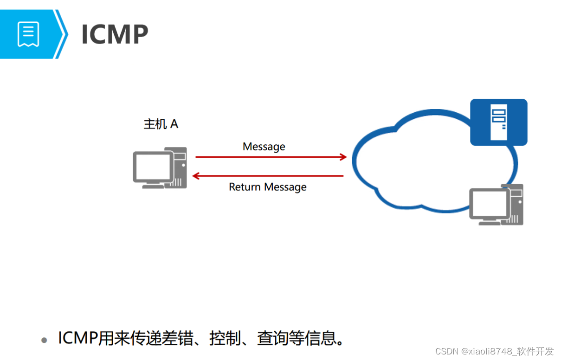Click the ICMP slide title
[x=115, y=34]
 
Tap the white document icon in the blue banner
[x=28, y=34]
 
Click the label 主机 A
[x=161, y=124]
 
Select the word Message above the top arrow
[x=264, y=147]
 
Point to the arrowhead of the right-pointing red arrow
[x=343, y=157]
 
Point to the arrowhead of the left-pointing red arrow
[x=196, y=176]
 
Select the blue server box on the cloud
[x=498, y=122]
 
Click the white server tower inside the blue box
[x=498, y=122]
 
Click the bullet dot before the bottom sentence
[x=45, y=340]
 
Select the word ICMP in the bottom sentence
[x=77, y=338]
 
